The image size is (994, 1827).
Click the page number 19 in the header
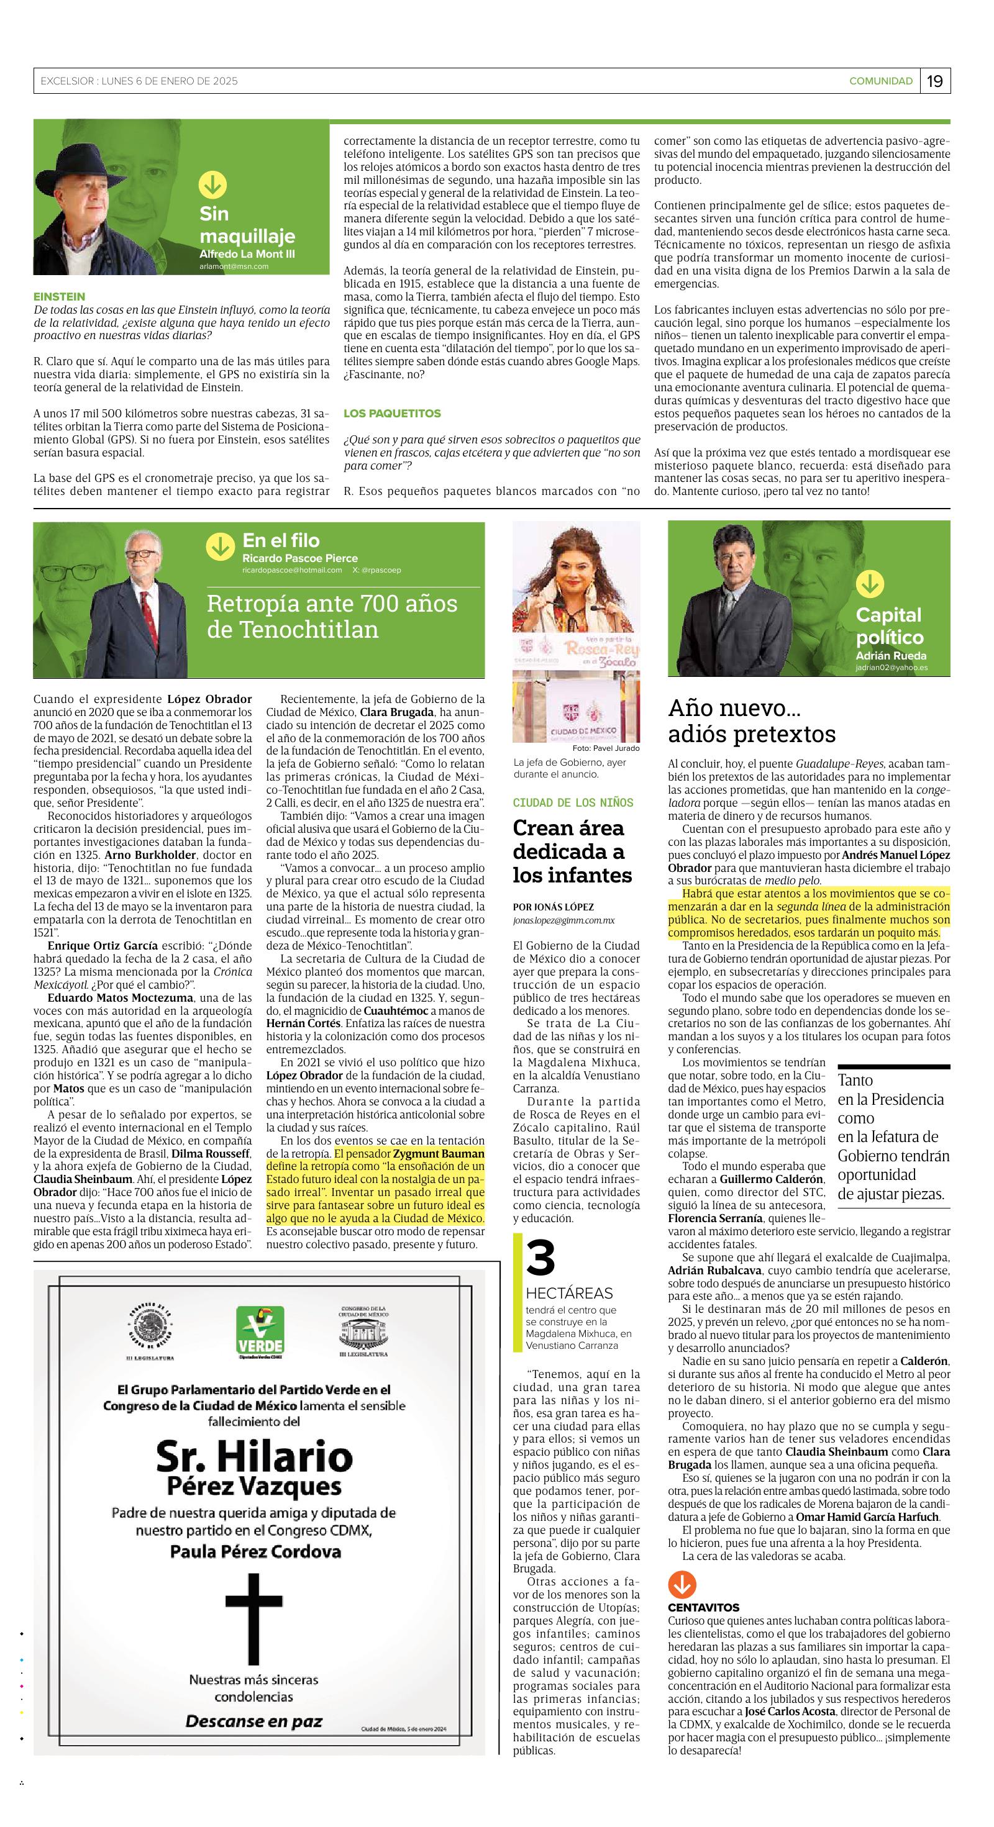coord(935,81)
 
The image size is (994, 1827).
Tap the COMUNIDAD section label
coord(880,81)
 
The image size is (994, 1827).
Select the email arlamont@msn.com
coord(234,266)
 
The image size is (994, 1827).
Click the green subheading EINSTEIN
coord(59,296)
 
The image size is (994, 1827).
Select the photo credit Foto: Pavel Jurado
coord(605,748)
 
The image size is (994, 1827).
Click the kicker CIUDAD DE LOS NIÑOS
coord(573,802)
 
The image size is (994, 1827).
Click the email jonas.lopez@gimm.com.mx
coord(563,920)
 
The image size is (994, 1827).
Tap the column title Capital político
coord(889,625)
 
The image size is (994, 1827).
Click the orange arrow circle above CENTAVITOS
coord(682,1584)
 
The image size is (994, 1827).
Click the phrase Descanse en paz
coord(253,1721)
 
